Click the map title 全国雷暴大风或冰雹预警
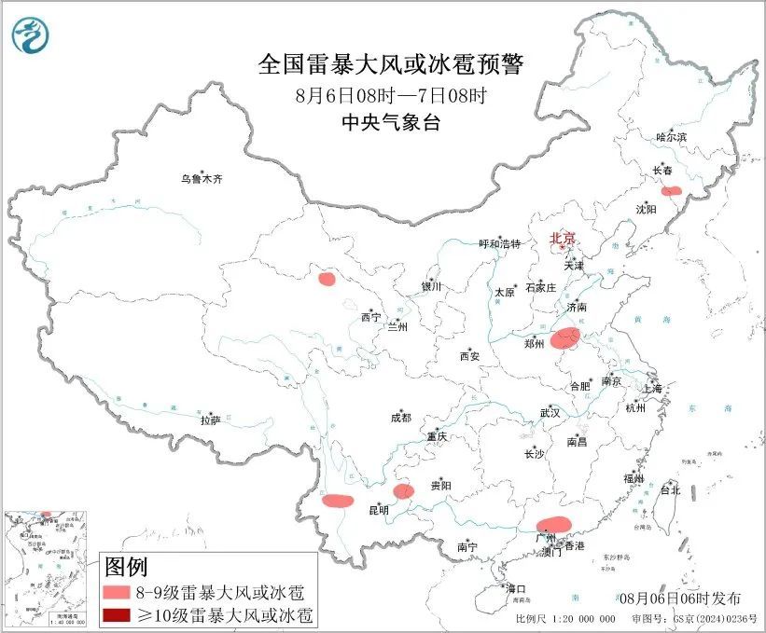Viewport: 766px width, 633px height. tap(391, 65)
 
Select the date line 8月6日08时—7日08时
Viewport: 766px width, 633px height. tap(391, 96)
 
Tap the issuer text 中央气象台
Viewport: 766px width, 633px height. tap(391, 123)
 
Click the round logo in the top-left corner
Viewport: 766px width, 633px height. tap(33, 36)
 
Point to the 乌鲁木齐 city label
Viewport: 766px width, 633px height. tap(202, 178)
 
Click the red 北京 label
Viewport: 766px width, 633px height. tap(563, 238)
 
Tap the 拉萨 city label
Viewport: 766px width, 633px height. tap(210, 420)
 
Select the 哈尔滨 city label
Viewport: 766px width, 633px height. tap(670, 137)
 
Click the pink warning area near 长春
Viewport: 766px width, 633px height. tap(671, 191)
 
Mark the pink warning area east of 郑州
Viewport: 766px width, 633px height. tap(565, 338)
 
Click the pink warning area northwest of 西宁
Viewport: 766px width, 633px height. tap(327, 278)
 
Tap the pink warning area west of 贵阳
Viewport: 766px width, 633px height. tap(403, 491)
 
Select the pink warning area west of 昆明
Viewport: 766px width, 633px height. tap(338, 501)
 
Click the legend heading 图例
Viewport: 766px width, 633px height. tap(125, 567)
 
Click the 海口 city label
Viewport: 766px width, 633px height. tap(515, 589)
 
